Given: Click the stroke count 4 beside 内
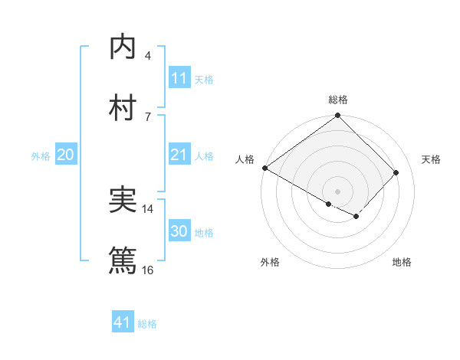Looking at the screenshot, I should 147,56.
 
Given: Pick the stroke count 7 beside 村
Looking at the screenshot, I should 147,116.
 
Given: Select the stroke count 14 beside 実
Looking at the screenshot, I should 148,209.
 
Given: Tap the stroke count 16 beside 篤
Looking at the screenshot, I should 148,270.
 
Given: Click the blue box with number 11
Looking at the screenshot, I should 179,78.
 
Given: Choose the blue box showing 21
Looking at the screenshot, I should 179,155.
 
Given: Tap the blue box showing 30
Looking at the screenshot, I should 179,231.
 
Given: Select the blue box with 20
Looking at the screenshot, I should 65,155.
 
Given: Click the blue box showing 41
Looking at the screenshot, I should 123,322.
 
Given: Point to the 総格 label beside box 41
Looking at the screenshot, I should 147,324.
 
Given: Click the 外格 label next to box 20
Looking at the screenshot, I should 41,155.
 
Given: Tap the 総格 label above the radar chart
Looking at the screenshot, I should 338,100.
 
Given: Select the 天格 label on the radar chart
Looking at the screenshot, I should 432,159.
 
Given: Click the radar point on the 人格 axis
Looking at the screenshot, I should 264,168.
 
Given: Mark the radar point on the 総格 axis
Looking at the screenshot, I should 338,116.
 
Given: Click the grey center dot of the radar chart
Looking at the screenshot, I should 338,191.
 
